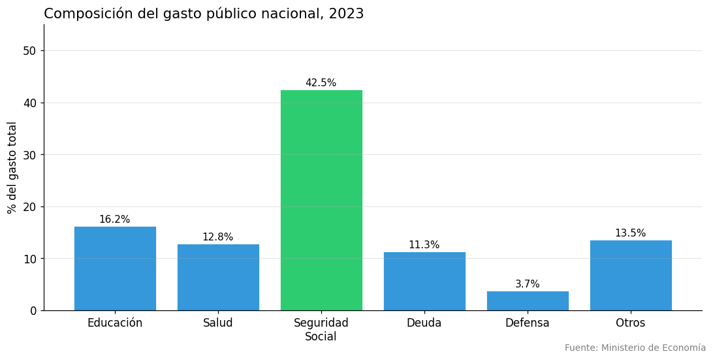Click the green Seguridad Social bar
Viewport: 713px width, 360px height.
point(321,200)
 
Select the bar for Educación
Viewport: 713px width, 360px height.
point(115,269)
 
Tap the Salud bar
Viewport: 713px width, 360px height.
point(218,277)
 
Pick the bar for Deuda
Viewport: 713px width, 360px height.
point(424,281)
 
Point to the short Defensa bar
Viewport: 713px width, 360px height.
point(528,301)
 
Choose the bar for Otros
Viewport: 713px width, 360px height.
point(631,275)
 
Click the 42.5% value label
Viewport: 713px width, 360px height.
point(321,83)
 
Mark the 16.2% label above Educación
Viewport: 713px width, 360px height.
point(115,220)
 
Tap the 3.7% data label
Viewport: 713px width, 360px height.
point(528,284)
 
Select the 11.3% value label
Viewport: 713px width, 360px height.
point(424,245)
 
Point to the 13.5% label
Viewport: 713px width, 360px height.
point(631,233)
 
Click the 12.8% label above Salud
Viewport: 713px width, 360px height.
point(218,237)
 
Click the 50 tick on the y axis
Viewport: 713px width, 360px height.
point(29,51)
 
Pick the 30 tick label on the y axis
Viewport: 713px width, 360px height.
point(29,155)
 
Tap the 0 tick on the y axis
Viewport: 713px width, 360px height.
point(33,311)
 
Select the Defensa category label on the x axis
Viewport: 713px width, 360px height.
point(528,323)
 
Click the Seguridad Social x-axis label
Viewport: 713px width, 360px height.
point(321,329)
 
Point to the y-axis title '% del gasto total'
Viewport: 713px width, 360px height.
point(12,167)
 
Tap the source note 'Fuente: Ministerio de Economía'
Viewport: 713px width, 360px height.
point(635,348)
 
